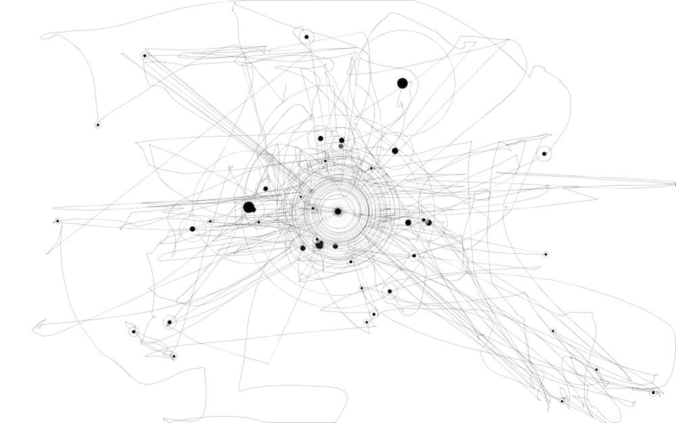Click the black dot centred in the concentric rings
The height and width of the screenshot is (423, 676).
click(x=338, y=211)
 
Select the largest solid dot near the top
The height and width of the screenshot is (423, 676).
click(x=402, y=83)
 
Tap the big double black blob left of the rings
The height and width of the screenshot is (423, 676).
click(x=249, y=207)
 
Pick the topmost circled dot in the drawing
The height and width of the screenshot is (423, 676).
click(x=306, y=37)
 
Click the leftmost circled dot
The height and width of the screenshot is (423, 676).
click(x=57, y=221)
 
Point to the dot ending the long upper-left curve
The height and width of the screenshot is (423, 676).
click(x=97, y=125)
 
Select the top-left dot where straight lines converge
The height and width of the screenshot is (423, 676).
click(x=144, y=55)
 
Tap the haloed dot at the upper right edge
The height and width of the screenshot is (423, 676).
click(x=544, y=154)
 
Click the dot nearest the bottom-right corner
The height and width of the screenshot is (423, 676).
click(x=653, y=393)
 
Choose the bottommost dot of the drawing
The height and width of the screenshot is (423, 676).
click(x=562, y=401)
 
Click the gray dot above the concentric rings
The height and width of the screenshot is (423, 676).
click(x=341, y=146)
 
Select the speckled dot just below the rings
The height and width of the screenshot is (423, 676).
click(x=319, y=244)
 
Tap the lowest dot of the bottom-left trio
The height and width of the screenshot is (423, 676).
click(x=174, y=356)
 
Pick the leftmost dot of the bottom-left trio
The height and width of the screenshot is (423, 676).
click(x=134, y=331)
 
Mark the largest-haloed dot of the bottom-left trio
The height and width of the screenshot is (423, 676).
click(x=169, y=322)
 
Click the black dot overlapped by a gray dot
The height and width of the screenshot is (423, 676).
click(x=427, y=222)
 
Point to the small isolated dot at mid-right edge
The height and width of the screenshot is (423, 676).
click(x=546, y=254)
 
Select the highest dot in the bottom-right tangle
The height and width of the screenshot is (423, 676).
click(x=553, y=331)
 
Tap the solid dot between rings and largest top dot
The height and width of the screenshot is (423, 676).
click(x=395, y=151)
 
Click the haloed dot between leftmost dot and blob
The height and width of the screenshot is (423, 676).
click(x=192, y=229)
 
